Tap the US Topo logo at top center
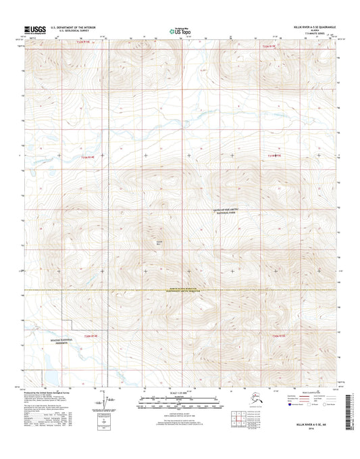coord(180,30)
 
